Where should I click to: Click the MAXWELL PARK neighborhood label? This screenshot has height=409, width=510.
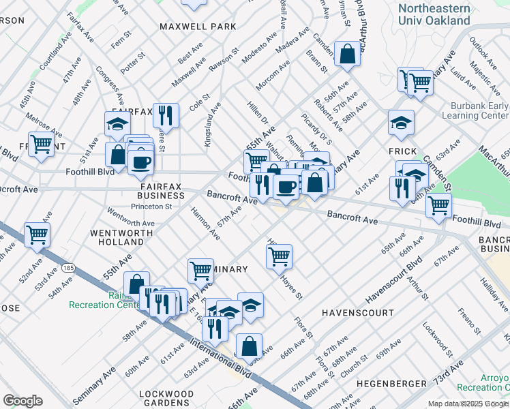coord(198,27)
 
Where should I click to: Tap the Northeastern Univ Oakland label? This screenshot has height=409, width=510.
coord(434,14)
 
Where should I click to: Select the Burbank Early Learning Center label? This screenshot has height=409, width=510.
coord(479,111)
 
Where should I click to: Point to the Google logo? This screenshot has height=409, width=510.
coord(22,401)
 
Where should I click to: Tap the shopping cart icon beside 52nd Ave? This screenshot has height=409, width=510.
coord(37,234)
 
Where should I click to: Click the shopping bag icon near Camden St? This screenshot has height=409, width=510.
coord(347,55)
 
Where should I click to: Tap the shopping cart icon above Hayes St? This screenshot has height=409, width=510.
coord(279,256)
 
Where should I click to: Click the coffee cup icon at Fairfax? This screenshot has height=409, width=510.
coord(141,162)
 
